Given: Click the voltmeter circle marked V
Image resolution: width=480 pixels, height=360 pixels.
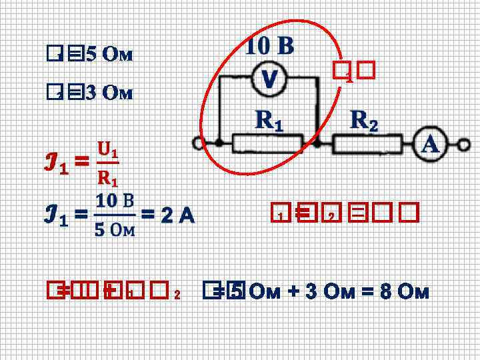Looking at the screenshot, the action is tap(268, 80).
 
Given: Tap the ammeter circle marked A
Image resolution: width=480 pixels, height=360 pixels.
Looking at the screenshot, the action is tap(430, 144).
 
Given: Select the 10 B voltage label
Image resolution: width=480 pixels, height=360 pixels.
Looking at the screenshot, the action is tap(269, 46).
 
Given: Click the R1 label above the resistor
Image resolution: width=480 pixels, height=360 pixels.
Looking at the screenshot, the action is tap(269, 121).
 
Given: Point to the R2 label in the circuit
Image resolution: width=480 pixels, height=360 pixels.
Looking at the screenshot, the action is tap(364, 121).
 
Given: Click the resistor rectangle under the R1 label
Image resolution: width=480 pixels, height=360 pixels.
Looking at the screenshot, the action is tap(267, 143).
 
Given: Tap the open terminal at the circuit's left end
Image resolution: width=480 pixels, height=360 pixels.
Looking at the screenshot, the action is tap(198, 143).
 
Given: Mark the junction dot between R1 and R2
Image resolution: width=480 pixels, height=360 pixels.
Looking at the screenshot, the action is tap(317, 143).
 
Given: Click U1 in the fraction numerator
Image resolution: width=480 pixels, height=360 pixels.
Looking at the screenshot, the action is tap(107, 148).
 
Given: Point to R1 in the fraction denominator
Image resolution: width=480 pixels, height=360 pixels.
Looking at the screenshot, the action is tap(107, 177).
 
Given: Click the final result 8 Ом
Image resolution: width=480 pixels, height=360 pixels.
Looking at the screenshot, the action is tap(407, 293).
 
